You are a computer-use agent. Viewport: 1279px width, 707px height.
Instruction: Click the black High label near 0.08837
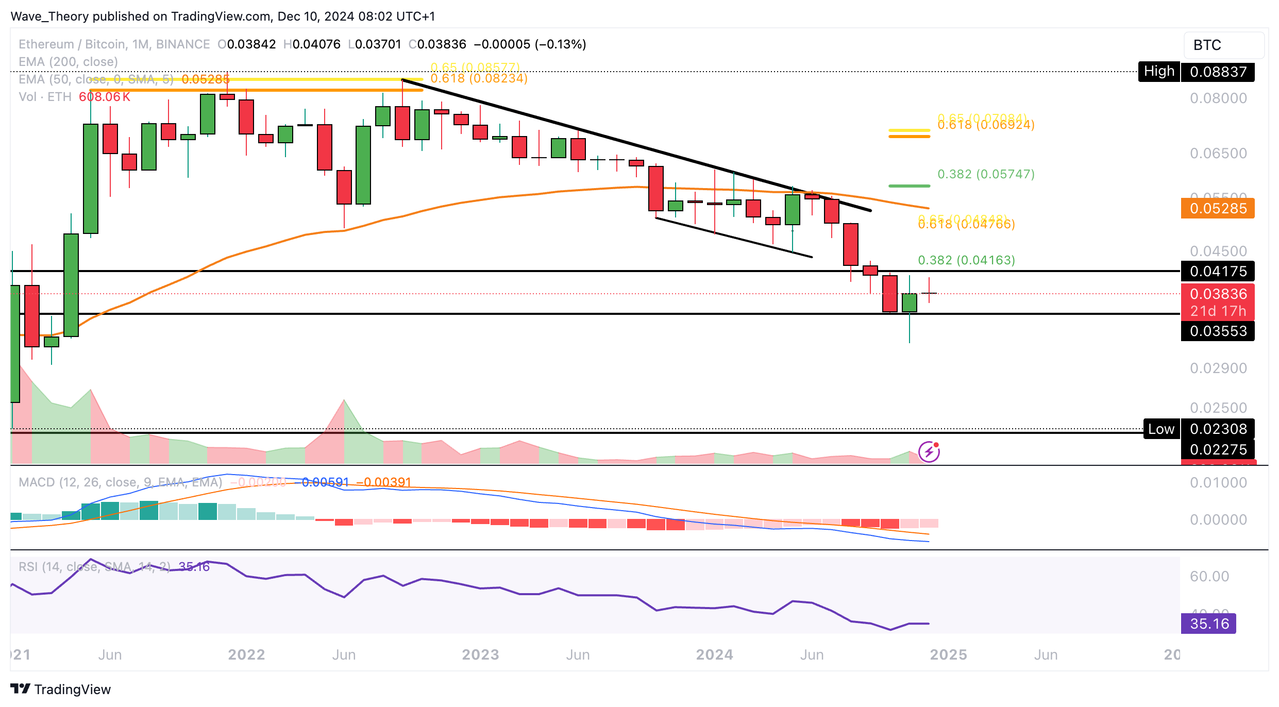click(1159, 71)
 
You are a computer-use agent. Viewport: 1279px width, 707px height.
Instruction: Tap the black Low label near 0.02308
click(1161, 429)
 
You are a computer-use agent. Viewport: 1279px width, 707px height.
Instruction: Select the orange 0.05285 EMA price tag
click(1218, 209)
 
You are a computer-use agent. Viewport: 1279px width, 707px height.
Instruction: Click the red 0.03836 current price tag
click(1218, 294)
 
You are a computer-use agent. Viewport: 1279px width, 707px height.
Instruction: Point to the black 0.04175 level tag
click(1218, 271)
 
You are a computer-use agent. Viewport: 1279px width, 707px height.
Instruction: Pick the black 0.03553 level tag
click(1218, 331)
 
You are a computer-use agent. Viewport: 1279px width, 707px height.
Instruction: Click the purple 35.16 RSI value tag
click(1208, 624)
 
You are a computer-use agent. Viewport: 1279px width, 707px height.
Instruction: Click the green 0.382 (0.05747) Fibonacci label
click(986, 174)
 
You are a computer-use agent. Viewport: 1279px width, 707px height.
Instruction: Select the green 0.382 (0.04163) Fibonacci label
click(966, 260)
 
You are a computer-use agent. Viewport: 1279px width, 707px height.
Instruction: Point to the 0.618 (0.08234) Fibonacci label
click(479, 78)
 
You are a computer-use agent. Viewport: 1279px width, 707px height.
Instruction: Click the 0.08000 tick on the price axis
click(1218, 98)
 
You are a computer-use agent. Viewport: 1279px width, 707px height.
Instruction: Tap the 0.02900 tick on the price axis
click(1218, 368)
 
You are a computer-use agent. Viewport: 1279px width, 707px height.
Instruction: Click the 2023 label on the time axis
click(480, 654)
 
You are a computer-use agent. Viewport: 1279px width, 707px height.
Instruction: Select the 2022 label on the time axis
click(246, 654)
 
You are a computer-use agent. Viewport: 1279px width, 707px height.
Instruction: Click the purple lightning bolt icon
click(929, 452)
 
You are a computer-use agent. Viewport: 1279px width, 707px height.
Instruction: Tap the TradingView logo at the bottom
click(61, 689)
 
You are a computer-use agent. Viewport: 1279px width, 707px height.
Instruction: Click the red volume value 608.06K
click(105, 97)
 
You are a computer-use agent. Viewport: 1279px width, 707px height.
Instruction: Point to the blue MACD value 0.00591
click(325, 482)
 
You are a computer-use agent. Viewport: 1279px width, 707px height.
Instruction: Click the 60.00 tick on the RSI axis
click(1209, 576)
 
